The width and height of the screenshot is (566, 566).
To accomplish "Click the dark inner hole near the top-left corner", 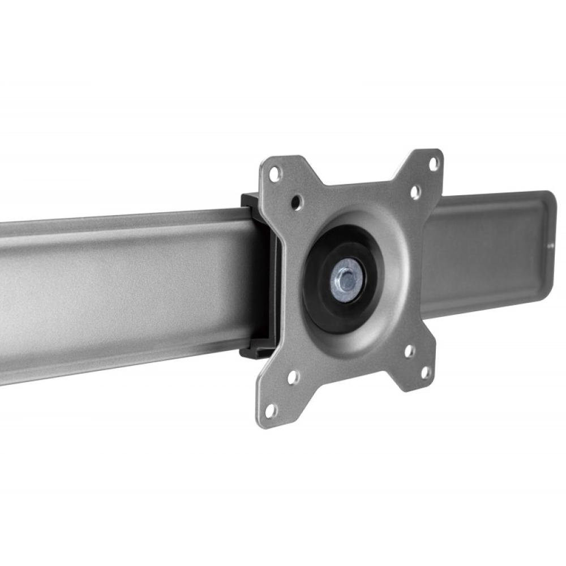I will (297, 201).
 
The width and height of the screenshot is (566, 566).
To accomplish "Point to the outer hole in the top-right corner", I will (434, 164).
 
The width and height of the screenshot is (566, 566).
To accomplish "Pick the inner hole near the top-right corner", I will (415, 192).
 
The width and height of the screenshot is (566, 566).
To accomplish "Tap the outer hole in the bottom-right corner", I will (426, 372).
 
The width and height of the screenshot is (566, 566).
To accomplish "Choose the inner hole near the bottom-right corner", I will (409, 351).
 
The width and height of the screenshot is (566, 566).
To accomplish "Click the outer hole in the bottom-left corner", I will (271, 410).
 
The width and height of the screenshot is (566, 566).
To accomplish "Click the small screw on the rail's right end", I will (551, 246).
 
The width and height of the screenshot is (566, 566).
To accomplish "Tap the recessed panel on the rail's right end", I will (487, 249).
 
